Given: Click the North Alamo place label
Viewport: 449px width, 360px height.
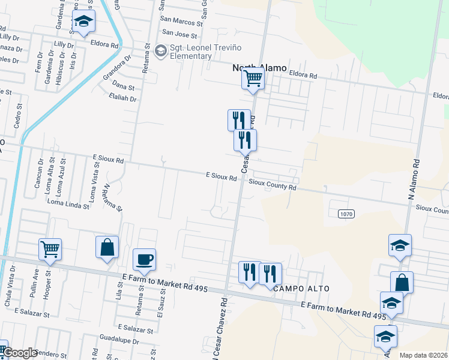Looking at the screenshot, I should point(259,68).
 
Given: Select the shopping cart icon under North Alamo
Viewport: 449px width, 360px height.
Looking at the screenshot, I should point(253,78).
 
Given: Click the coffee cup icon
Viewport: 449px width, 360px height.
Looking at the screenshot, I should point(144,260).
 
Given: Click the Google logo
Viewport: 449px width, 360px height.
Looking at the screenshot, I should point(19,353).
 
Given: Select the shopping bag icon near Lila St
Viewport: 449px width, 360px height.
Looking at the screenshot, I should point(107,247).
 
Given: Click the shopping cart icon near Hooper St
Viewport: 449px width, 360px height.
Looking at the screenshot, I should point(50,248).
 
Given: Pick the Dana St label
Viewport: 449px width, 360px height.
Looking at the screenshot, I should point(123,88).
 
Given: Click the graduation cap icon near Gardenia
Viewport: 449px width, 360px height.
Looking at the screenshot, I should point(83,22).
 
